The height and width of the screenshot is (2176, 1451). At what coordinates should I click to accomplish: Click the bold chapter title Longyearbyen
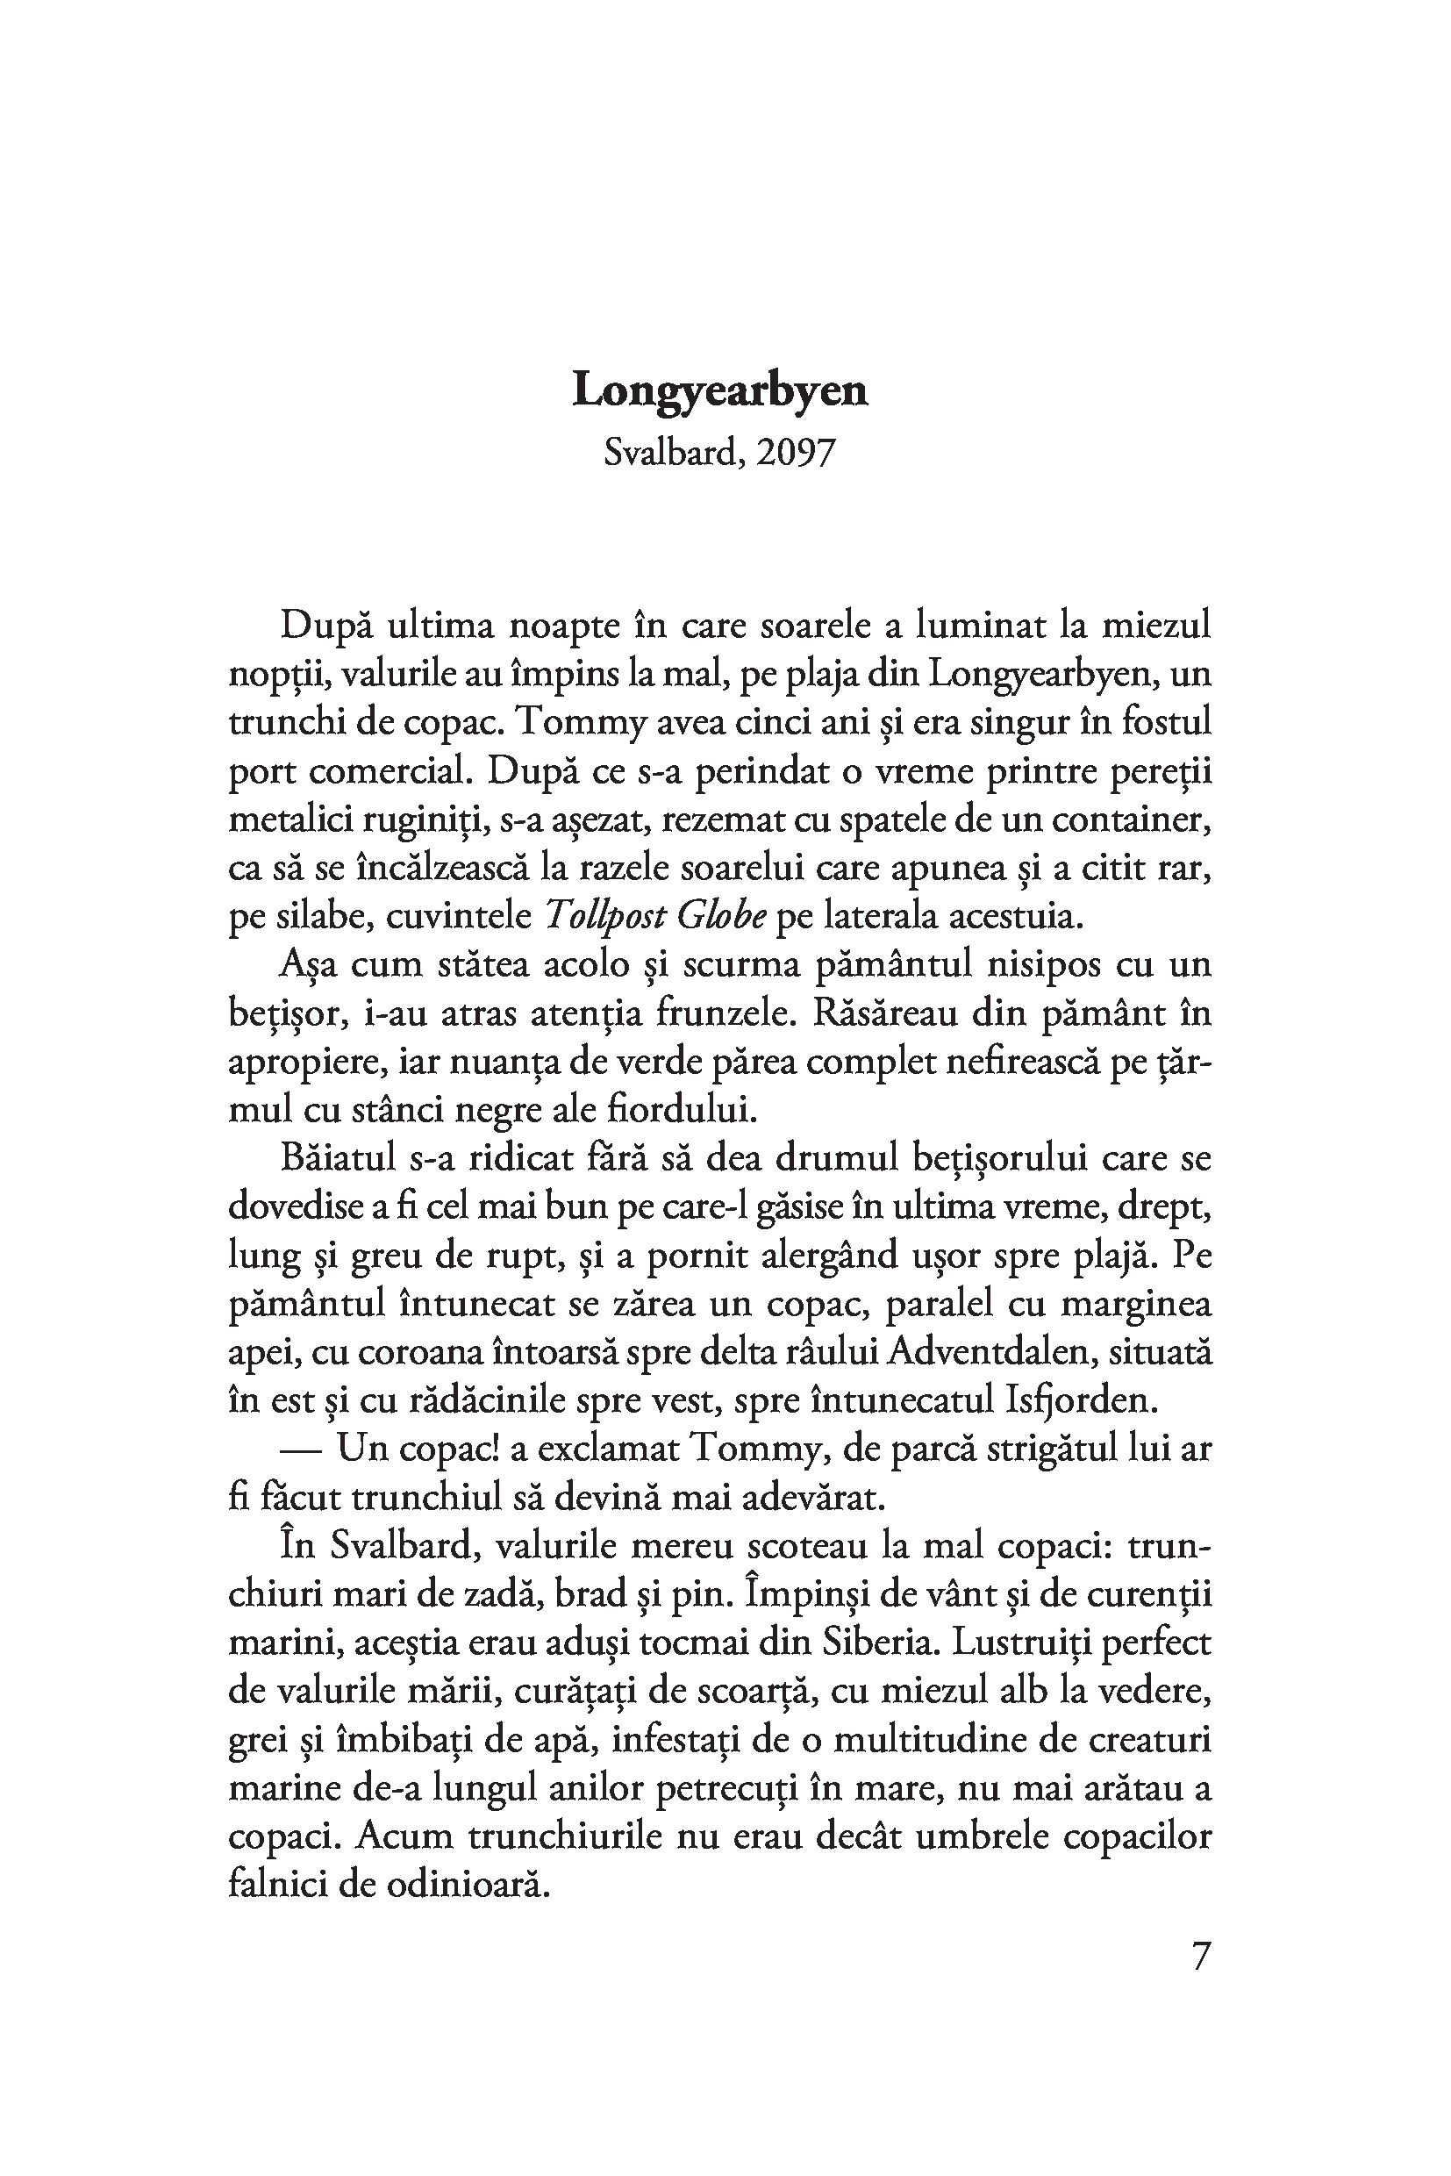pyautogui.click(x=720, y=391)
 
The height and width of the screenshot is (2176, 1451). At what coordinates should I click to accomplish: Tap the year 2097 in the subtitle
pyautogui.click(x=795, y=453)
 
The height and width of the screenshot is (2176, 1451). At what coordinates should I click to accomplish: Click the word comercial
pyautogui.click(x=389, y=771)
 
